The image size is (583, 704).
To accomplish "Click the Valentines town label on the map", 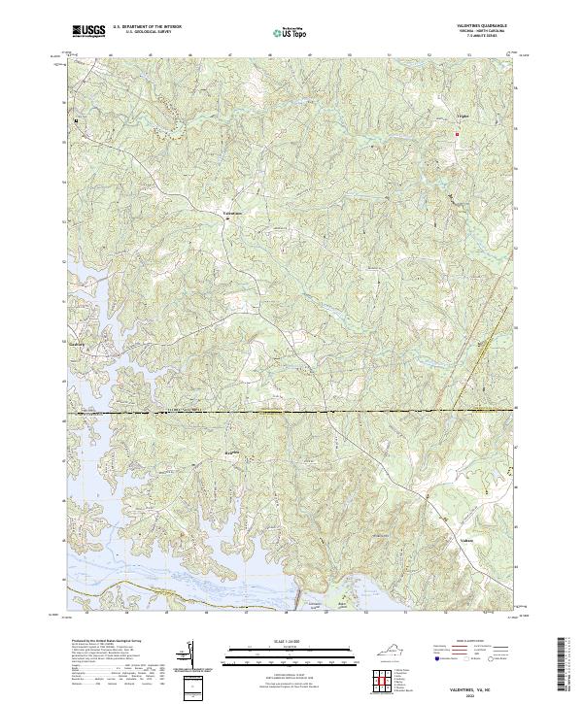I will (x=231, y=212).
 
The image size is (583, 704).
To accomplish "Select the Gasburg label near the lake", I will (x=80, y=343).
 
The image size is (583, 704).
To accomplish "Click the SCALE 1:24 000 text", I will (x=289, y=638).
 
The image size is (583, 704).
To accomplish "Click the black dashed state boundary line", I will (x=291, y=412).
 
